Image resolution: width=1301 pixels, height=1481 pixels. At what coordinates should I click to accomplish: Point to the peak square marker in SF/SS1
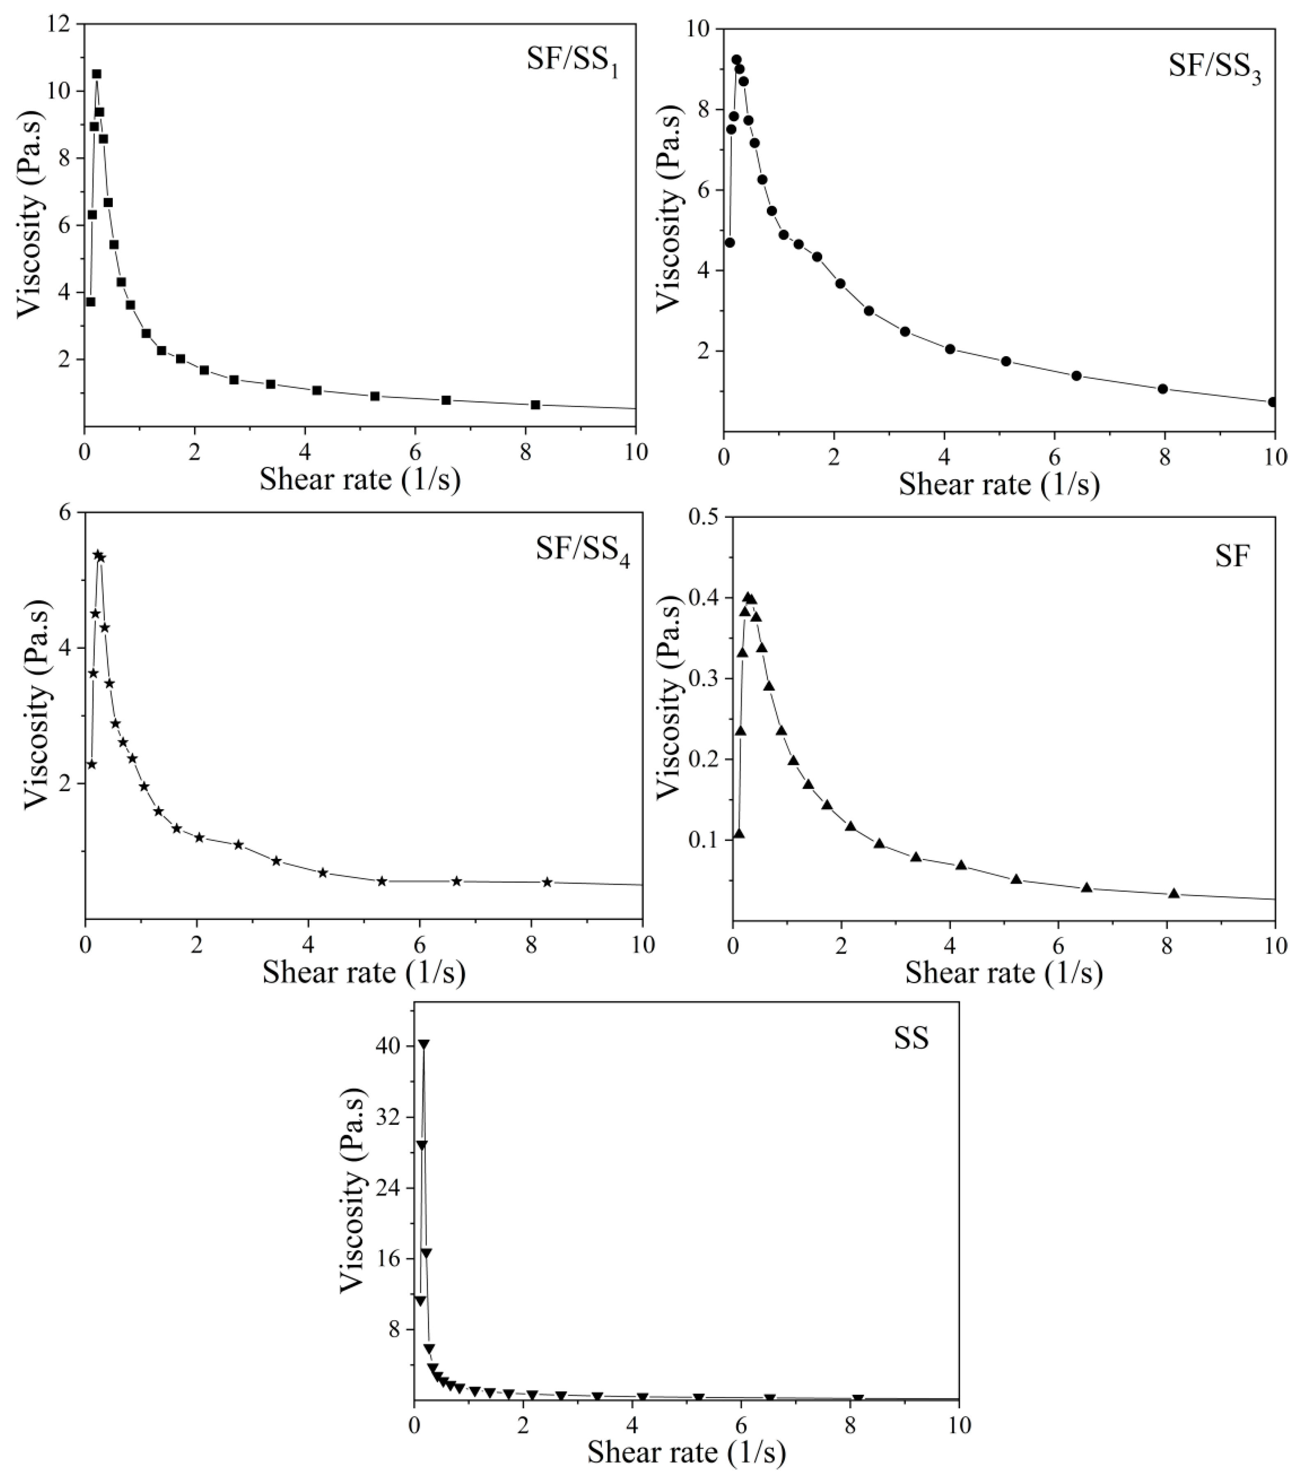(96, 74)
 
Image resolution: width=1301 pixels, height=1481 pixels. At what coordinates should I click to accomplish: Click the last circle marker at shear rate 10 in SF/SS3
(1273, 401)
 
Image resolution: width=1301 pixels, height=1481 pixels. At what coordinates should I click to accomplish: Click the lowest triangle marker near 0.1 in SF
(739, 833)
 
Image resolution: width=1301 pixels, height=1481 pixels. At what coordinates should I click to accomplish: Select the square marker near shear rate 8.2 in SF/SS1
(535, 404)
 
